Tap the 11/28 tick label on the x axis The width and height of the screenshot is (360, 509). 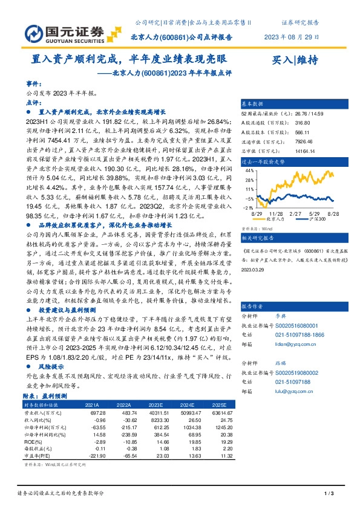277,214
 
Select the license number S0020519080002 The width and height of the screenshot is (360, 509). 301,374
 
